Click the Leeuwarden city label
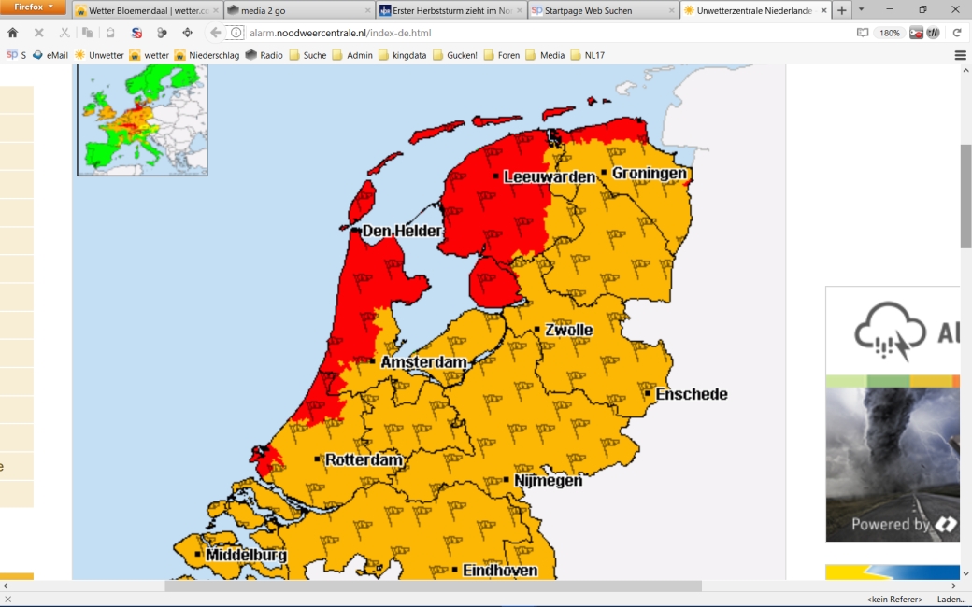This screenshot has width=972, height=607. [549, 176]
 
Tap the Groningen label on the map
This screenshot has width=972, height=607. [649, 174]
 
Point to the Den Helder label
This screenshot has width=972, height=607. [401, 231]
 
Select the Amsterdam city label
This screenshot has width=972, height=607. [423, 362]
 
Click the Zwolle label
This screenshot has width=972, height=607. [568, 331]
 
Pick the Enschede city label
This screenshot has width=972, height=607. [691, 394]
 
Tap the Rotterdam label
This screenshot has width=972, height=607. [364, 460]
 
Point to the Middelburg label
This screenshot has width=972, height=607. [246, 555]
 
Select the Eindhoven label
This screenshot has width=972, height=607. [500, 570]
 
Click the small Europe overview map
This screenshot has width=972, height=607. [142, 120]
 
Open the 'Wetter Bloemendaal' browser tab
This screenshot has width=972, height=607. [148, 10]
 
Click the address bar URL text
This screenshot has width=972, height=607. [340, 33]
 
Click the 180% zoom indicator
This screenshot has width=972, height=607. [889, 33]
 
